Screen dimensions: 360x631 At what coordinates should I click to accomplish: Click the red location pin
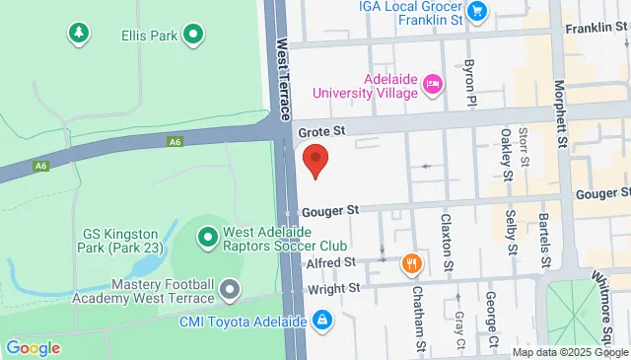click(x=315, y=160)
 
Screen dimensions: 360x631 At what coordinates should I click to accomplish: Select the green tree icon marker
click(x=77, y=35)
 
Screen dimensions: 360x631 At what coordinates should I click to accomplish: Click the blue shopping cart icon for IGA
click(x=478, y=11)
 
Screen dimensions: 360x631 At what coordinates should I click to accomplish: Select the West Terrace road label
click(x=285, y=79)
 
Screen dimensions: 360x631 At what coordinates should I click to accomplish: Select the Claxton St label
click(x=447, y=244)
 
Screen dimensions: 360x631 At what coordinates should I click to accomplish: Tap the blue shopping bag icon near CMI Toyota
click(x=322, y=320)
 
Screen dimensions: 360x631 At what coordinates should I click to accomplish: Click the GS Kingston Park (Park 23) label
click(x=124, y=241)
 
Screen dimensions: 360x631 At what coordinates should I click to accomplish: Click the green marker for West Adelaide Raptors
click(x=207, y=237)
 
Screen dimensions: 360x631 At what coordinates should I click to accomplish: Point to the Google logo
click(x=33, y=347)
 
